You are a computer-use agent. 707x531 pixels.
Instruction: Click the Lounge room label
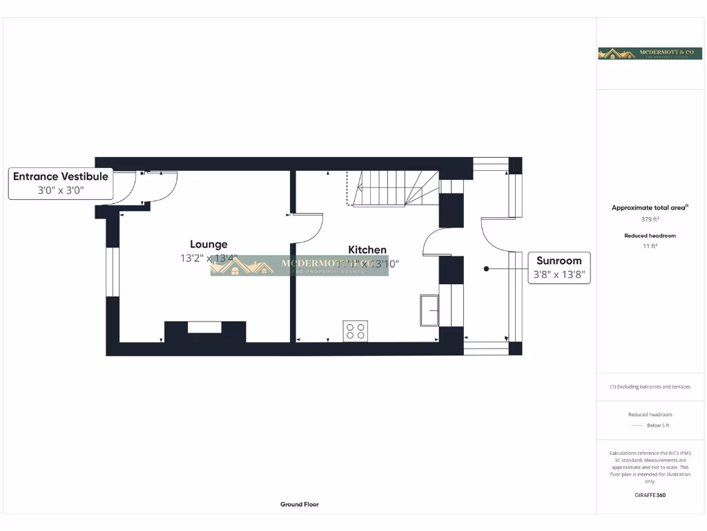[209, 244]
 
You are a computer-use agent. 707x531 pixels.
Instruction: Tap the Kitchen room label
[367, 250]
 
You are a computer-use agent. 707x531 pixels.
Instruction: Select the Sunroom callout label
[559, 261]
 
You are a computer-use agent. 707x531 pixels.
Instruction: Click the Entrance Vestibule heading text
[61, 176]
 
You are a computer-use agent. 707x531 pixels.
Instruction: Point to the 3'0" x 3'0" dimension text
[61, 190]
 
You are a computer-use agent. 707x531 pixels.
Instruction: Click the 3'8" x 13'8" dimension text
[559, 274]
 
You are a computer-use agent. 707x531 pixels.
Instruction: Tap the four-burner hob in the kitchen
[356, 331]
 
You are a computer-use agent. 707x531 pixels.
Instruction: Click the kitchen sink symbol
[429, 310]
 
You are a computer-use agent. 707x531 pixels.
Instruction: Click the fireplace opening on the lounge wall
[204, 327]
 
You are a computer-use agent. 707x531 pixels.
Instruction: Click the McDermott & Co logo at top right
[650, 53]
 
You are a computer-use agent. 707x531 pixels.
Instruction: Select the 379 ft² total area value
[650, 219]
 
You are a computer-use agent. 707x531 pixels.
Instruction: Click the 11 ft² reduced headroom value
[650, 245]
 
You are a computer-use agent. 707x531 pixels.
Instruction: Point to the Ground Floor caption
[300, 505]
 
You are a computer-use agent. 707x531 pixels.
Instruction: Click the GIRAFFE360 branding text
[650, 495]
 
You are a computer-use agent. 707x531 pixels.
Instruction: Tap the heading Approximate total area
[649, 207]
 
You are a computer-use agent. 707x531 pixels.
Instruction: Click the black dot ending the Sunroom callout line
[486, 268]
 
